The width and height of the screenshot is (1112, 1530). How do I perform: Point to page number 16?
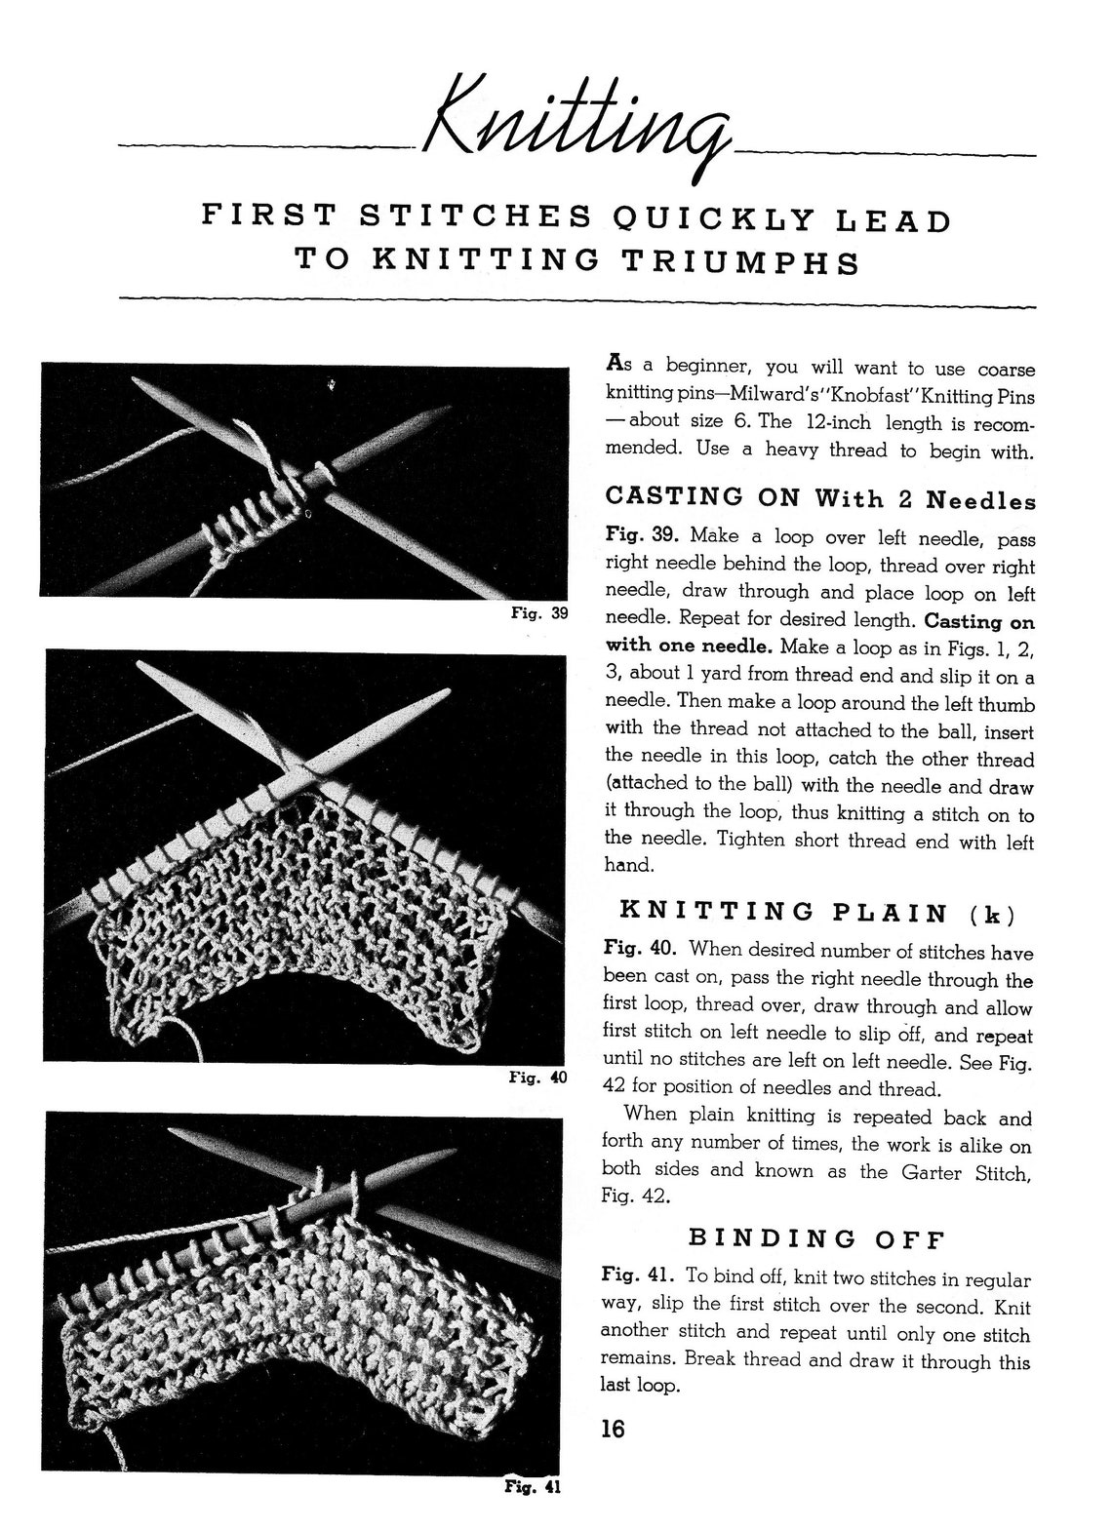(613, 1430)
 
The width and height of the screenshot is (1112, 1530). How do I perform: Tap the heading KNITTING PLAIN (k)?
(817, 913)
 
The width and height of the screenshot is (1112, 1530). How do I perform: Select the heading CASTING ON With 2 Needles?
(820, 497)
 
